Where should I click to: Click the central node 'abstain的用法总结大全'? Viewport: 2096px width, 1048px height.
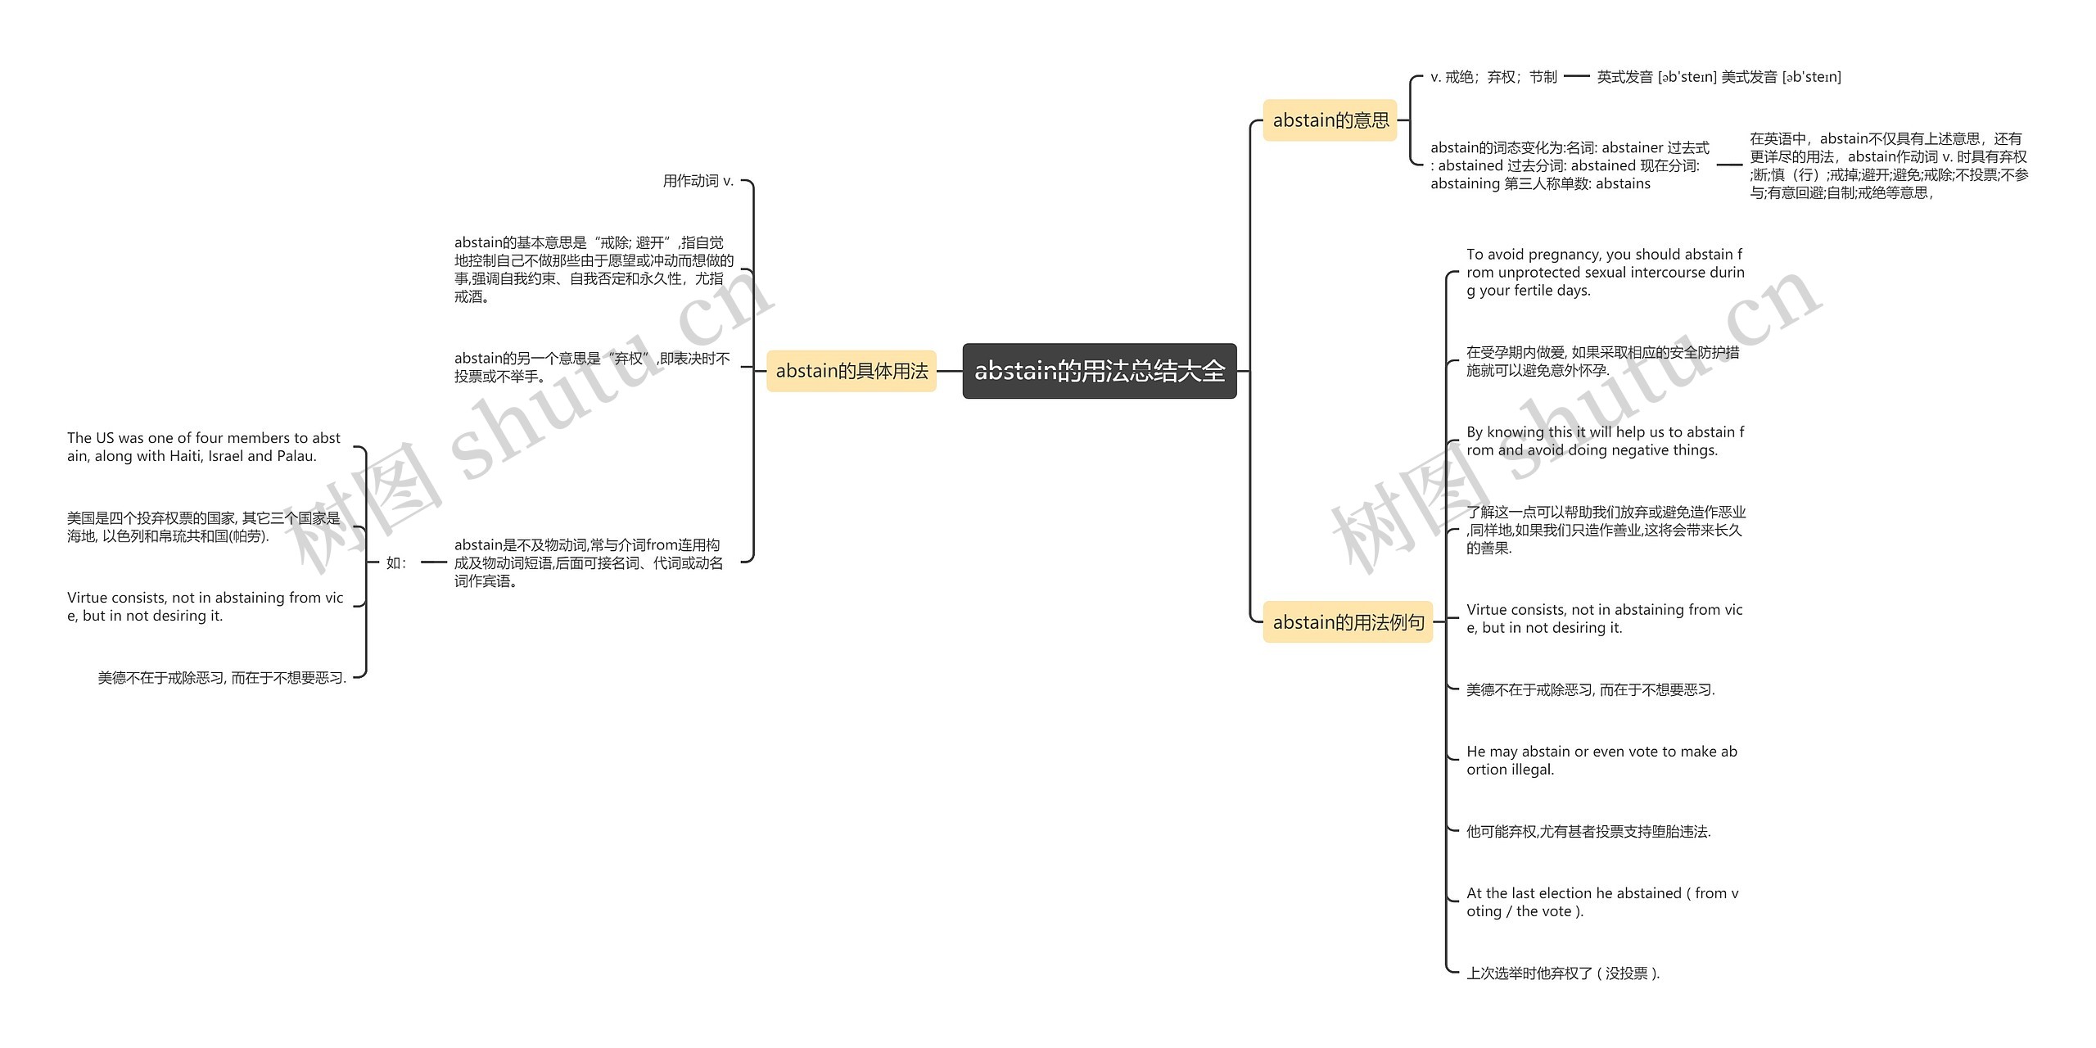coord(1099,371)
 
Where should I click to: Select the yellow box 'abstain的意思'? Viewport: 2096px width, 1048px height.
coord(1330,120)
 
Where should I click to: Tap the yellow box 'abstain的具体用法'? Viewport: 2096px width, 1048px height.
coord(851,371)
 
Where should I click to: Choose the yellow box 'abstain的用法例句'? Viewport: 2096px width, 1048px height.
coord(1348,622)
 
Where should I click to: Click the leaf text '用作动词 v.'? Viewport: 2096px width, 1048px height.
coord(698,181)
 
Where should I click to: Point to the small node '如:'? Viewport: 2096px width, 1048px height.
coord(396,562)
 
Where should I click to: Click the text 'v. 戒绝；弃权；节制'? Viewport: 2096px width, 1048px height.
coord(1493,77)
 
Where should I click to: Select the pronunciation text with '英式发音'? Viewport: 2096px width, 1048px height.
coord(1718,77)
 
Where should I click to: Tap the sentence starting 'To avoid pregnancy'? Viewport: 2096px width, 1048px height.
coord(1605,273)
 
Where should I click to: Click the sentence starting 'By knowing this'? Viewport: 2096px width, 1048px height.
coord(1605,441)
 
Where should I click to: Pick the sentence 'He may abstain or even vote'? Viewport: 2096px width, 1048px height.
coord(1601,761)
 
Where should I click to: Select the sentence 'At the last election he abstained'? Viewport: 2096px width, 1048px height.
coord(1601,902)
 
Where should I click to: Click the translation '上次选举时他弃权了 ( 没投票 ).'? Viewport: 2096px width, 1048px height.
coord(1562,973)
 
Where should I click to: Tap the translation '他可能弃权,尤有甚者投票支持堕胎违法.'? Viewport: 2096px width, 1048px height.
coord(1588,832)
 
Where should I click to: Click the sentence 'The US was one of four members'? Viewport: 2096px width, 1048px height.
coord(204,447)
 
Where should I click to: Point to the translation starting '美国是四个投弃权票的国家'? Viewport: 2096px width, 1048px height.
coord(203,527)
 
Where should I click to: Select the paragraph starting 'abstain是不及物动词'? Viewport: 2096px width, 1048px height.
coord(589,562)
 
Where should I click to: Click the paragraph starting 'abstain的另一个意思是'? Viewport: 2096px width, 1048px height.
coord(591,368)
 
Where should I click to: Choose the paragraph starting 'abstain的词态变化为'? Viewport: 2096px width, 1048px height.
coord(1569,165)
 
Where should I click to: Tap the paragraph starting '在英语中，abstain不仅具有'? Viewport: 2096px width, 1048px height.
coord(1888,166)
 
